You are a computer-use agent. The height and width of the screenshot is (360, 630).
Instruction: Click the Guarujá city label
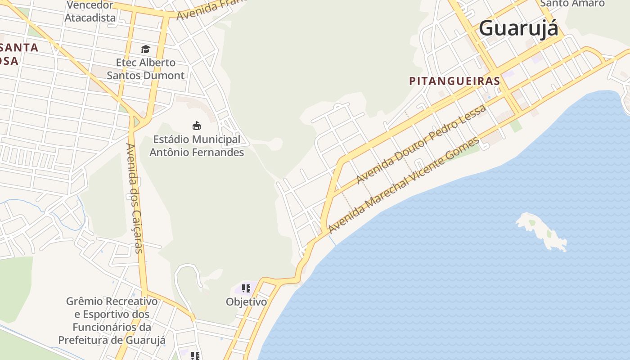tap(518, 28)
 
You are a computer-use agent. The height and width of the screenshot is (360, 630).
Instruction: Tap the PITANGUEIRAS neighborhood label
tap(454, 81)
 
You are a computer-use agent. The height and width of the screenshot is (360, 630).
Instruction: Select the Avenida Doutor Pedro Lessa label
tap(421, 144)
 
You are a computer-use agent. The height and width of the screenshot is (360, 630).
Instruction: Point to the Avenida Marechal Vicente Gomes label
tap(404, 185)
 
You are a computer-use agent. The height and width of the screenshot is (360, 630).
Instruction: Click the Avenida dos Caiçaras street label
tap(135, 198)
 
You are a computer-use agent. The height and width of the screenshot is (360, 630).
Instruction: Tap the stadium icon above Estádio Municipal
tap(197, 126)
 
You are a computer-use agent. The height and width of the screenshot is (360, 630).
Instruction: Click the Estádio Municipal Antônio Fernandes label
tap(197, 146)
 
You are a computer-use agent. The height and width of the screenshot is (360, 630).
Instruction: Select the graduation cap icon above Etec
tap(145, 49)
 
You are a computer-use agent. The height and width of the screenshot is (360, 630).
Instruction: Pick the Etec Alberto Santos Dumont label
tap(145, 69)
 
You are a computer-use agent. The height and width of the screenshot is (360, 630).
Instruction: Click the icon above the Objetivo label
tap(246, 288)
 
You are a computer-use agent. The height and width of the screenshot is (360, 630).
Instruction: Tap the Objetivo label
tap(246, 302)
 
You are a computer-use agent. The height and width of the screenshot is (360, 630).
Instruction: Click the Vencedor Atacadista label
tap(90, 12)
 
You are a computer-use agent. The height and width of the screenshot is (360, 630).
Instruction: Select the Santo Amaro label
tap(572, 4)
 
